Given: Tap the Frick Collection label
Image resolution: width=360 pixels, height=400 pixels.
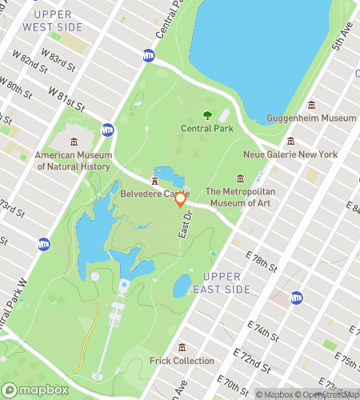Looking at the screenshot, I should (x=182, y=361).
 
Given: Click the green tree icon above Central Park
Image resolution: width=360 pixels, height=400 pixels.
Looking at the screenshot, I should (x=208, y=115).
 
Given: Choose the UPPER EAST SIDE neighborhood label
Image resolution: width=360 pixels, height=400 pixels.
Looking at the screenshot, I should (x=238, y=282).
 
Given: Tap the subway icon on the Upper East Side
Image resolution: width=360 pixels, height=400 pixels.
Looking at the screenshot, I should (x=296, y=296).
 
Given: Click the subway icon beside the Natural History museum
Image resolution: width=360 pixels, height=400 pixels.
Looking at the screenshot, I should (x=107, y=129).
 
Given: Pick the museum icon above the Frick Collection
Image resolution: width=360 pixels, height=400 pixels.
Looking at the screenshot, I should (x=182, y=347).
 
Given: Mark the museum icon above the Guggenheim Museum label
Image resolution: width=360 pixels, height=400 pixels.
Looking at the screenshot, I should (x=311, y=105).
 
